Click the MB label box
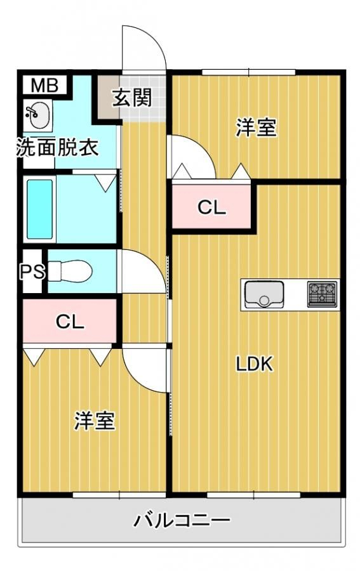click(44, 86)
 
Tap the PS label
click(32, 272)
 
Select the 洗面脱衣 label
click(58, 147)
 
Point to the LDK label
click(255, 364)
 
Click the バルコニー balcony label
click(182, 520)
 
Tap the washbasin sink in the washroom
click(37, 115)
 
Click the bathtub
click(40, 209)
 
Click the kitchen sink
click(264, 294)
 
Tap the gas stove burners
click(323, 294)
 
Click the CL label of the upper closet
click(211, 207)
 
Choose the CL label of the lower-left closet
click(70, 322)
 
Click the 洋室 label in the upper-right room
click(257, 128)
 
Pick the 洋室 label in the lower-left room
click(95, 421)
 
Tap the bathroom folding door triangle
click(107, 183)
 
